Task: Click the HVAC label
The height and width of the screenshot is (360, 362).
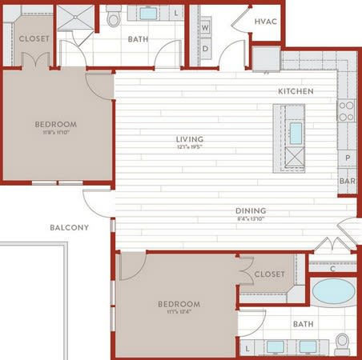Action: [265, 22]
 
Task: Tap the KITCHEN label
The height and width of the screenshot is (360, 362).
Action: [296, 91]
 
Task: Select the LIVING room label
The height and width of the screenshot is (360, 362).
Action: [190, 139]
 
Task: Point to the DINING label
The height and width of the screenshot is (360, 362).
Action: [251, 211]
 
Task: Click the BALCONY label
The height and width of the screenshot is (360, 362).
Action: [69, 228]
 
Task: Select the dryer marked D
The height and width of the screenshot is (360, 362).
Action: [205, 48]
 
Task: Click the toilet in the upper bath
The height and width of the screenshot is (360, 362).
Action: [113, 17]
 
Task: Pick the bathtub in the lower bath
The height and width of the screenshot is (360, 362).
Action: [332, 292]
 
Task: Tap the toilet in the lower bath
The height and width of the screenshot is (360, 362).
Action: [342, 342]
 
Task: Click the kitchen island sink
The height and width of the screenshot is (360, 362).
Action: [295, 132]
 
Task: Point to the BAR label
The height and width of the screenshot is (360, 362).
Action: [347, 182]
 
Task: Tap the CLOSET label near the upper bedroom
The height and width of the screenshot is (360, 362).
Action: [34, 38]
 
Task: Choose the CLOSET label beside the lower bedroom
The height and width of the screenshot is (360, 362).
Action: [269, 274]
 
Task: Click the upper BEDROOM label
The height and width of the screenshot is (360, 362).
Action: [56, 124]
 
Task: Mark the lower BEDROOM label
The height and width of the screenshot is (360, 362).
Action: [179, 304]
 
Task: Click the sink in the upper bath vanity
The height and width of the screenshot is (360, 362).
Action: [150, 14]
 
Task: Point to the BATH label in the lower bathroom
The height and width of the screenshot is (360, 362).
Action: [303, 324]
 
